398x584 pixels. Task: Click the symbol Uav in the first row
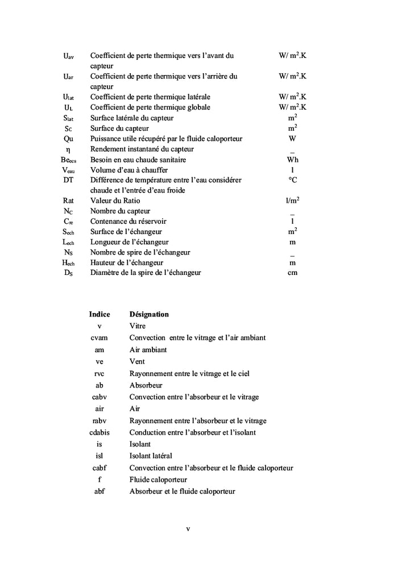(x=68, y=56)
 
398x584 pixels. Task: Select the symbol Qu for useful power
(x=68, y=139)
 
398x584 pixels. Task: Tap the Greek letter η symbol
(x=68, y=149)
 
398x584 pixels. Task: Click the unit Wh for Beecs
(x=292, y=160)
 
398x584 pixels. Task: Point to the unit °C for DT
(x=292, y=180)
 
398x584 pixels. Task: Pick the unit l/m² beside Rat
(x=292, y=201)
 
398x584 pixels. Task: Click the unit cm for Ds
(x=292, y=273)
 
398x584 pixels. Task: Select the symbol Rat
(x=68, y=201)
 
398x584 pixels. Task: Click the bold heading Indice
(x=100, y=314)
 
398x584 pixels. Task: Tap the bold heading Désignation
(x=149, y=314)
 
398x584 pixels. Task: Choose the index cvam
(x=100, y=337)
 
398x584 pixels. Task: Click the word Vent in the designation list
(x=137, y=361)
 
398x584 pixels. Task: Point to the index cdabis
(x=100, y=432)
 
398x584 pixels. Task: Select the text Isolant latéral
(x=151, y=456)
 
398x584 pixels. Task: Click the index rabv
(x=100, y=421)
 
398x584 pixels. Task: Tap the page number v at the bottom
(x=188, y=529)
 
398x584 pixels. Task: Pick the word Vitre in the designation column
(x=138, y=326)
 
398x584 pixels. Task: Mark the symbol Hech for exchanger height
(x=68, y=262)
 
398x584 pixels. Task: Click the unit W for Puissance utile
(x=292, y=139)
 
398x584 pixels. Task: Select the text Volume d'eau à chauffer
(x=129, y=170)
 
